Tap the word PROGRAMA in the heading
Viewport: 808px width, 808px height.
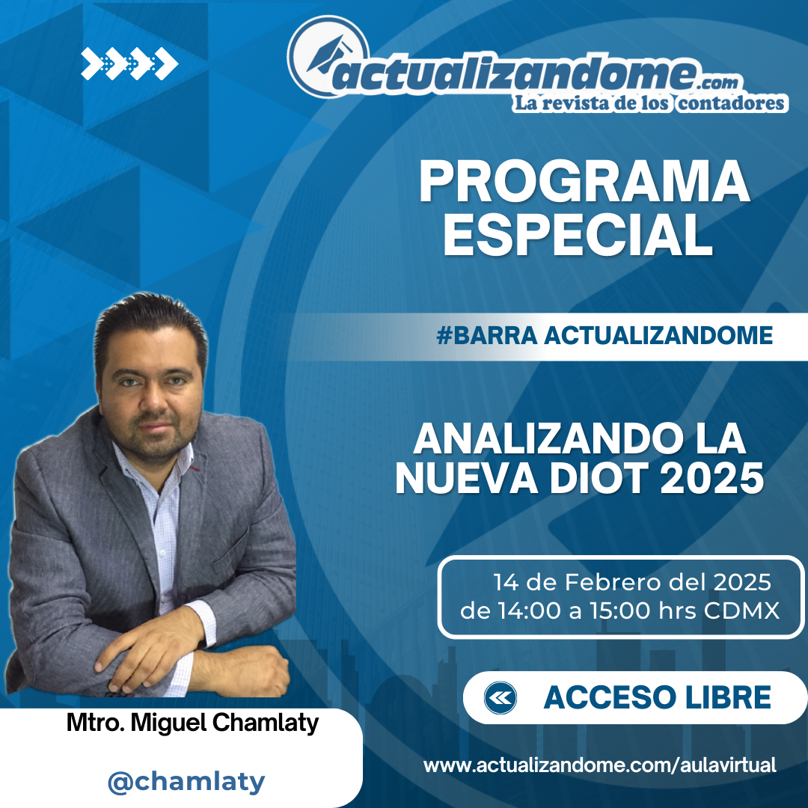584,182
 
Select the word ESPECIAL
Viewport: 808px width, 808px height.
578,234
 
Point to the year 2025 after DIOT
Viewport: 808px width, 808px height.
711,477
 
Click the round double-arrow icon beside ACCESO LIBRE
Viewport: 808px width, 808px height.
500,698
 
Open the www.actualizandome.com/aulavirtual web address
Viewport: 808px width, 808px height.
600,765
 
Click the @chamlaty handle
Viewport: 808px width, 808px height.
186,782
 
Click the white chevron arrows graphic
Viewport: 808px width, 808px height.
129,64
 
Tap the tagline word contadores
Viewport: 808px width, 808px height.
731,103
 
